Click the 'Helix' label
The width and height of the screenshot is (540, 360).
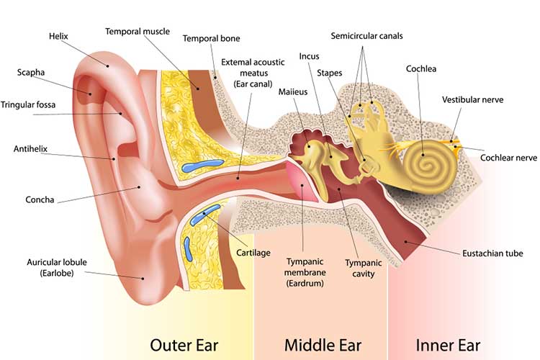pos(58,36)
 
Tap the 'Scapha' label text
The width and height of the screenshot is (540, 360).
pos(31,72)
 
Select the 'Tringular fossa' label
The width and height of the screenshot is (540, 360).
pos(28,104)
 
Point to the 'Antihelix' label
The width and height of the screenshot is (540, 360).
pos(30,149)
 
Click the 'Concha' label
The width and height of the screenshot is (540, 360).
pos(40,200)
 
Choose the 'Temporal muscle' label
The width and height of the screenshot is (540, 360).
pos(138,32)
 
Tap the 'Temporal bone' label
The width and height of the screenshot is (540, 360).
pos(211,39)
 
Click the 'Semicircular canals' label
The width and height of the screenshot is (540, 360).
pos(366,36)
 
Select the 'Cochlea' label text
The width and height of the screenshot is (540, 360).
pos(421,69)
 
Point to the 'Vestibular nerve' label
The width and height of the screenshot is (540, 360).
pos(472,100)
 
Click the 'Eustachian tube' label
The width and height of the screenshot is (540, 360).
pos(492,253)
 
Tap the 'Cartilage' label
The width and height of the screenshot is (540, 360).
pos(253,253)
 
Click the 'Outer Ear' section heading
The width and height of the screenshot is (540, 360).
pos(184,345)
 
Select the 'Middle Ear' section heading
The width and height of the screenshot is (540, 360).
pos(323,345)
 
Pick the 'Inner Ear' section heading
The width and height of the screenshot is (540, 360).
pos(448,345)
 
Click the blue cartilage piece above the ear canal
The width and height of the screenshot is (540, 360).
pos(203,166)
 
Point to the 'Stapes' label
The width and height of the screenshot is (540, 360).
pos(329,73)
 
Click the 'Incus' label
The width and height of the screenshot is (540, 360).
pos(309,56)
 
